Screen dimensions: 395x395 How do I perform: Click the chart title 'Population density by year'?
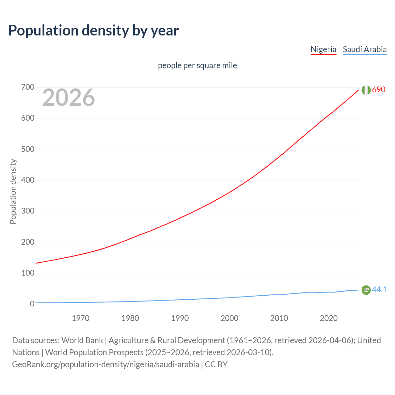(94, 31)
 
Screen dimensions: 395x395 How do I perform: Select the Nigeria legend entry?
(323, 49)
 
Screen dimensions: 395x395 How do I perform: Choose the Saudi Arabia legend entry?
(364, 49)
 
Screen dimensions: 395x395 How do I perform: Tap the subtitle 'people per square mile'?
(197, 66)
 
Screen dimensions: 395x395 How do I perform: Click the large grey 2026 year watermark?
(69, 98)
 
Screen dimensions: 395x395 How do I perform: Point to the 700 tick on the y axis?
(28, 87)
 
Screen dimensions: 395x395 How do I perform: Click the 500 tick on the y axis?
(28, 149)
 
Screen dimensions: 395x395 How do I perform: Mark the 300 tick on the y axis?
(28, 211)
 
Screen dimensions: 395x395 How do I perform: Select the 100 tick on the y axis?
(28, 273)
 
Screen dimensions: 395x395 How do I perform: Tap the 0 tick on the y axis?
(32, 304)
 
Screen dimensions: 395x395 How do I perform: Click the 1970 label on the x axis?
(81, 318)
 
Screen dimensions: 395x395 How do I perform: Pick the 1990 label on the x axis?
(180, 318)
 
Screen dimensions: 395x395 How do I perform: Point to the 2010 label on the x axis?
(279, 318)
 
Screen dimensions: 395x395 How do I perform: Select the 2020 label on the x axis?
(329, 318)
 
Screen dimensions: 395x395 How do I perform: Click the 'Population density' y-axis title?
(13, 191)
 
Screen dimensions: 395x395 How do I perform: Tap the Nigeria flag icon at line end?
(366, 90)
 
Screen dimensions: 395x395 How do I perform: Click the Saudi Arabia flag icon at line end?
(366, 290)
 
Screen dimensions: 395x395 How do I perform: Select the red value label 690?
(379, 90)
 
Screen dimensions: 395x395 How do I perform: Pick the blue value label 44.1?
(379, 289)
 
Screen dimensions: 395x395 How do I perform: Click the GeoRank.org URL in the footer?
(106, 364)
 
